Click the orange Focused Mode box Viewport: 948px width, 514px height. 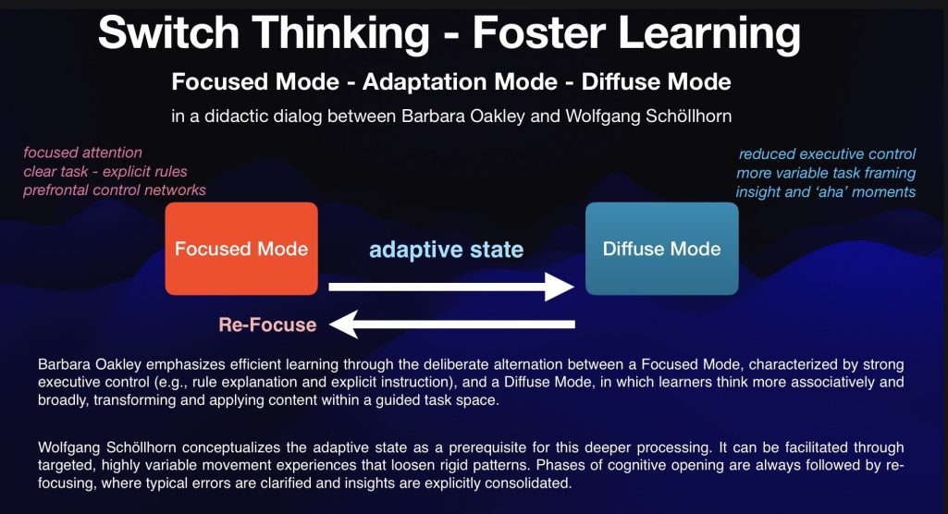point(241,249)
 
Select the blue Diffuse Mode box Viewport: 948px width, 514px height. point(661,249)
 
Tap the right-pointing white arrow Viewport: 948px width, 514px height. point(451,287)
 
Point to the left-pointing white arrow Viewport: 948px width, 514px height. point(452,324)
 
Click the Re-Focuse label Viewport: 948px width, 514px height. point(267,325)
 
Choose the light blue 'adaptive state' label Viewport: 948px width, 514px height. point(446,250)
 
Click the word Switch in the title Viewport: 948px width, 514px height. point(168,32)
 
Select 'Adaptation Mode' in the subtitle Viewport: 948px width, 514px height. point(460,81)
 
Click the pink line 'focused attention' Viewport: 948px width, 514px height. point(83,153)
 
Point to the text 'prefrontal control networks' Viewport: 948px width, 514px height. point(115,190)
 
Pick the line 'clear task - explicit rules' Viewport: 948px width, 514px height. point(105,172)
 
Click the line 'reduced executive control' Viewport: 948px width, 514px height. point(827,154)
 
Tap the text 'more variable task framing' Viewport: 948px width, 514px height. point(826,174)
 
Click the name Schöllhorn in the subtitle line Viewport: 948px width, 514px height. point(689,116)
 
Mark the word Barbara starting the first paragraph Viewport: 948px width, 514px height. point(63,364)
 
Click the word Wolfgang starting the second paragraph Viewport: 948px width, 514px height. point(69,448)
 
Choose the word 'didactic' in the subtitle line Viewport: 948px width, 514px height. point(237,116)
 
